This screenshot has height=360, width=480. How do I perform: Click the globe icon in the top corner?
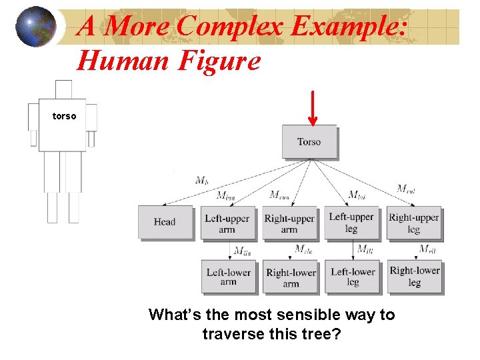pos(35,27)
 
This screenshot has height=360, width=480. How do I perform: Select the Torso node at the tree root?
pos(309,141)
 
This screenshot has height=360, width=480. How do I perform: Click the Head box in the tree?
pos(165,222)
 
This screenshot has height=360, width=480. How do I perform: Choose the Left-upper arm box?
pos(227,223)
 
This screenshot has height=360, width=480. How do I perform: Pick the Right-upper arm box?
pos(289,223)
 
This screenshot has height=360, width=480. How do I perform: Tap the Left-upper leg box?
pos(351,223)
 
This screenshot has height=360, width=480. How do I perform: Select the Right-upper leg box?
pos(414,223)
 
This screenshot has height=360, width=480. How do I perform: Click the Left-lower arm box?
pos(228,277)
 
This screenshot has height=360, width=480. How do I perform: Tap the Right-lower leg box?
pos(415,276)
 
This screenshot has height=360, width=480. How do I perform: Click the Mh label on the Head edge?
pos(201,180)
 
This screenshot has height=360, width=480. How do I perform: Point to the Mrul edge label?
pos(406,189)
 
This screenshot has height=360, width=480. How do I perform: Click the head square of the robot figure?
pos(63,89)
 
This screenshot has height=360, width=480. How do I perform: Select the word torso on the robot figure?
pos(65,116)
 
